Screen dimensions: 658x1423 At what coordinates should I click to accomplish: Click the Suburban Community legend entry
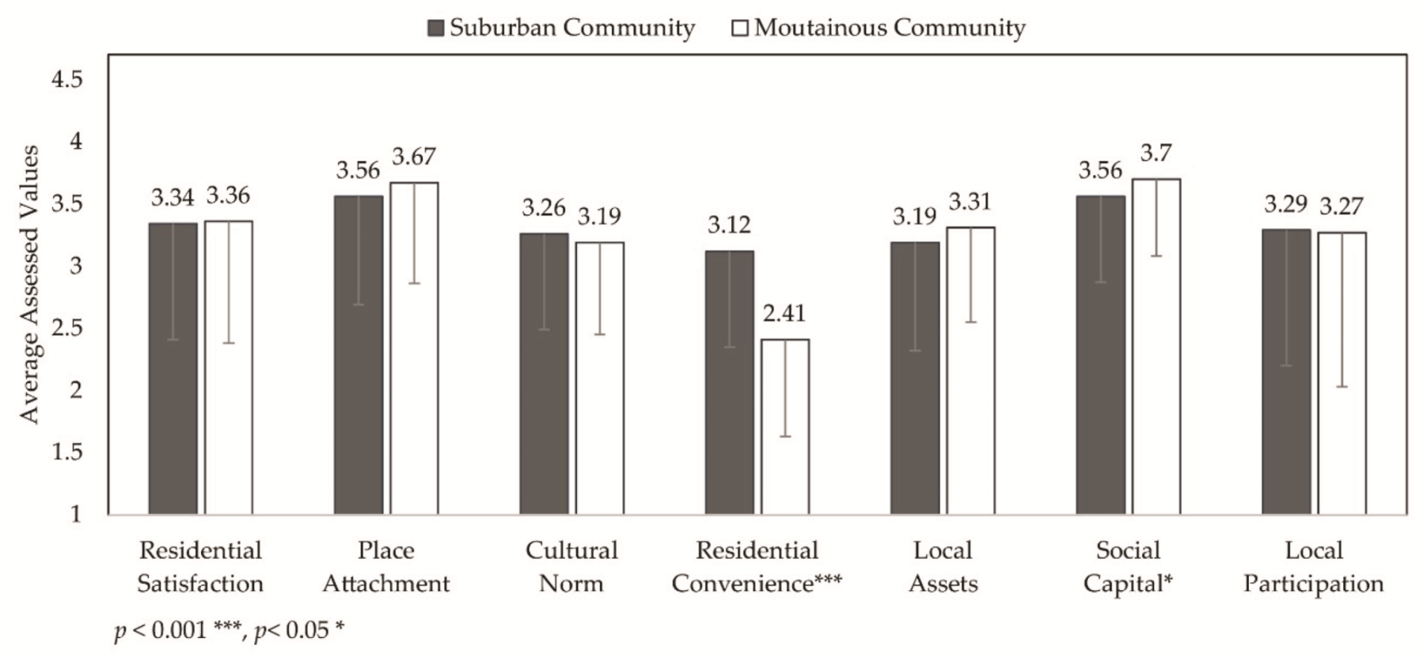click(561, 28)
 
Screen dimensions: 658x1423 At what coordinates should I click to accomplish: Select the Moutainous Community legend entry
click(879, 28)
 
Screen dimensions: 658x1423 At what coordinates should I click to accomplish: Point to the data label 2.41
click(784, 313)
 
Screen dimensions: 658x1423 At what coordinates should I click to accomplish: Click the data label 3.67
click(414, 156)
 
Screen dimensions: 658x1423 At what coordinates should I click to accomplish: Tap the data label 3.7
click(1156, 153)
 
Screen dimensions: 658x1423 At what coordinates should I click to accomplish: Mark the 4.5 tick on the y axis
click(67, 79)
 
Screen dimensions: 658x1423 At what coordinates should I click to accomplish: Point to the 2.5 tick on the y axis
click(67, 327)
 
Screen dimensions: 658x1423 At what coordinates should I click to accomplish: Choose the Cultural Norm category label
click(571, 566)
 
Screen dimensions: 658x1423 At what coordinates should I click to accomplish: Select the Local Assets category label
click(943, 566)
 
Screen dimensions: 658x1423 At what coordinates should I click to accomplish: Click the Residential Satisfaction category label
click(200, 566)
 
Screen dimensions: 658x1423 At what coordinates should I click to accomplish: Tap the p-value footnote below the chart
click(229, 630)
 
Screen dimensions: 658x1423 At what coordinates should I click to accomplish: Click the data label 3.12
click(729, 224)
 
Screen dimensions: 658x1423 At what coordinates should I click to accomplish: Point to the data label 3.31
click(970, 201)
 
